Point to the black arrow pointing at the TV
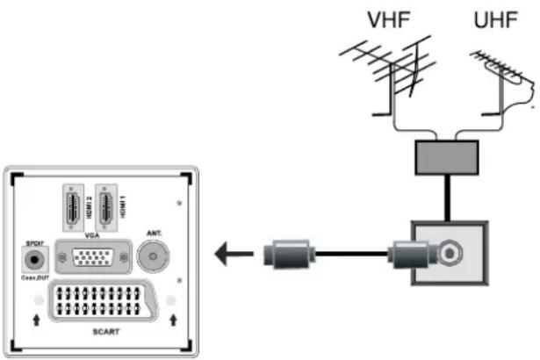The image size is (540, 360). click(232, 256)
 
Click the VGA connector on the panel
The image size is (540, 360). click(91, 258)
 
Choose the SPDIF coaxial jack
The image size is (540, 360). click(34, 261)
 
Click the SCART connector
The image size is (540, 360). click(103, 302)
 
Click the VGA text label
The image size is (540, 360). click(91, 235)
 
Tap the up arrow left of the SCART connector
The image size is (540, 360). click(35, 321)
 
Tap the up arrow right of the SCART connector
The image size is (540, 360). click(172, 321)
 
